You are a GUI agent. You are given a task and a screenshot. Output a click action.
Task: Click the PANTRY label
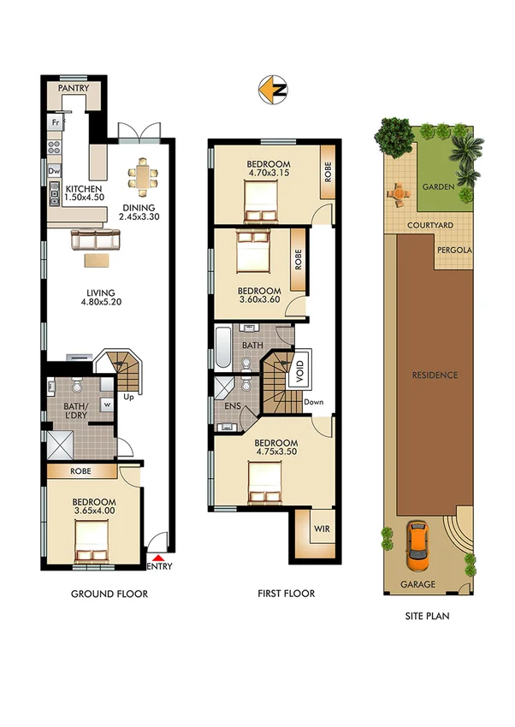[x=74, y=88]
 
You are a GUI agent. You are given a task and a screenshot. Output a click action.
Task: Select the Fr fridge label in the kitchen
[x=54, y=122]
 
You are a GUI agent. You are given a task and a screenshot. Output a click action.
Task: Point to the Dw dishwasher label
[x=53, y=171]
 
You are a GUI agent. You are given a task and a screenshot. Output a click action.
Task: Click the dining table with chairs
[x=143, y=178]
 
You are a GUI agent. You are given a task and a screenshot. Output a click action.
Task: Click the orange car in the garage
[x=417, y=545]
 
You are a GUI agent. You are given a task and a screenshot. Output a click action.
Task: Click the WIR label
[x=322, y=529]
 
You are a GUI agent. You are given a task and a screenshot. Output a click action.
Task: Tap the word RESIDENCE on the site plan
[x=434, y=375]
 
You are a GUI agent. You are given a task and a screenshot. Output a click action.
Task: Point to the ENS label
[x=232, y=407]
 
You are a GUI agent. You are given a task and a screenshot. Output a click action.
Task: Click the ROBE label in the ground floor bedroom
[x=80, y=470]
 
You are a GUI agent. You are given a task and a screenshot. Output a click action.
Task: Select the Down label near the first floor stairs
[x=314, y=401]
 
